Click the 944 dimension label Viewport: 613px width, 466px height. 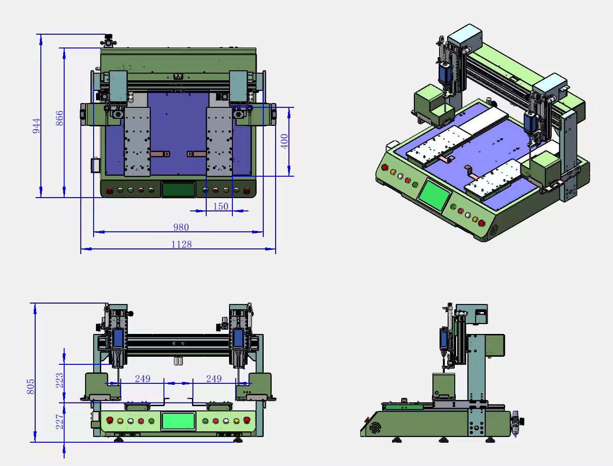[x=36, y=126]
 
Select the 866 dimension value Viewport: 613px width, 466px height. [x=59, y=118]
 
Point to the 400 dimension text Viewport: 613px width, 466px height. [x=284, y=142]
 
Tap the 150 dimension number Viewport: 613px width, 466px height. [x=220, y=207]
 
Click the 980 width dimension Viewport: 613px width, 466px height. [x=181, y=228]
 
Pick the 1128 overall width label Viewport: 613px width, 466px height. [x=182, y=245]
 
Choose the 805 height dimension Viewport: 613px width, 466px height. [x=31, y=387]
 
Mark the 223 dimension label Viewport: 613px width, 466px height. [x=60, y=380]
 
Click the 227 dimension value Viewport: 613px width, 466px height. [x=60, y=422]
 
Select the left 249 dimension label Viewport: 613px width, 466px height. [x=143, y=379]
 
